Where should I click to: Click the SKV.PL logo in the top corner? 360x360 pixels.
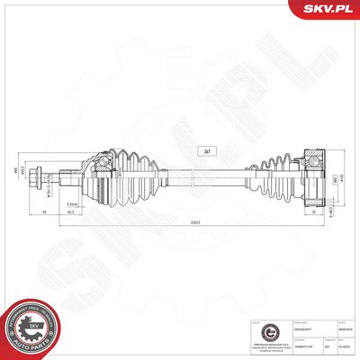click(x=329, y=9)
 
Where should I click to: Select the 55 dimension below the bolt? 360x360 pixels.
click(x=45, y=212)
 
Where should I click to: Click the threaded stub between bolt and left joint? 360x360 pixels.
click(x=68, y=174)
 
